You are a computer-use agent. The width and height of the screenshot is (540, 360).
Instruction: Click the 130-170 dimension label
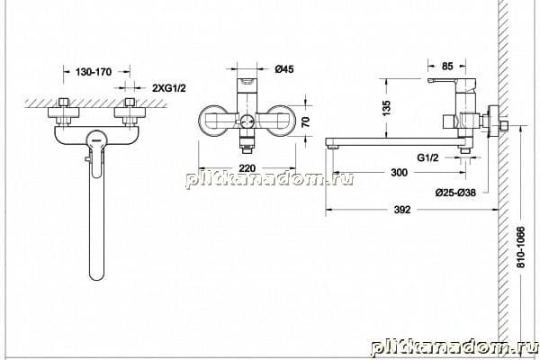[94, 72]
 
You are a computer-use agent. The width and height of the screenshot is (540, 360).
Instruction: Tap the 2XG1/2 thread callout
[169, 88]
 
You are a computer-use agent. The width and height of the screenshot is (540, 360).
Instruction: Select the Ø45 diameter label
[284, 69]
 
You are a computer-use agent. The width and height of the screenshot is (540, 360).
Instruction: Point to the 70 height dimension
[305, 122]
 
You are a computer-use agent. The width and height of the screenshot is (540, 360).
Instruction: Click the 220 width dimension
[247, 168]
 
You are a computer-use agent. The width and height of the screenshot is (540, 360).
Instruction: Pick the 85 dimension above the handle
[447, 66]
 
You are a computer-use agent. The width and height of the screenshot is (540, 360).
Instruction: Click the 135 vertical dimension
[386, 108]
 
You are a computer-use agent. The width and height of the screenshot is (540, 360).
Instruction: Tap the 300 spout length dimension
[399, 172]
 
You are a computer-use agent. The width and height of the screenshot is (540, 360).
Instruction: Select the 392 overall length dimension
[402, 210]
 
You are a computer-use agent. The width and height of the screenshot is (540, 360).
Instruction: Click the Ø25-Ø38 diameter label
[455, 193]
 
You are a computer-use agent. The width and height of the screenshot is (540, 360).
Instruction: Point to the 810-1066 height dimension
[521, 247]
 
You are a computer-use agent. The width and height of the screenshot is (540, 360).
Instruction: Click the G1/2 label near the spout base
[427, 157]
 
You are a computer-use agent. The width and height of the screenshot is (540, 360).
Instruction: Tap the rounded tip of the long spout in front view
[96, 275]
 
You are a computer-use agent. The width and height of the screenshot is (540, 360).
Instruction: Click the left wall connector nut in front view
[63, 112]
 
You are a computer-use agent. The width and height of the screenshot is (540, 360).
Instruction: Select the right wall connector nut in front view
[130, 112]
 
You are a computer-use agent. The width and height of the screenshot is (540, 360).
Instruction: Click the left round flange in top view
[212, 121]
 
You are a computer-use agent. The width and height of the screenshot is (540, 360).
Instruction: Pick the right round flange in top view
[281, 121]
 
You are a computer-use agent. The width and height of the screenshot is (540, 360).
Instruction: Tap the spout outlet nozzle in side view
[333, 147]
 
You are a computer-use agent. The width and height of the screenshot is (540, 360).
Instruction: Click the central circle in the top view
[247, 121]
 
